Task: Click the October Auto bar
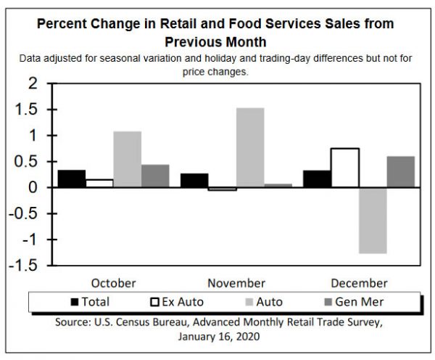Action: (127, 159)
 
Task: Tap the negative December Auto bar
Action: (373, 221)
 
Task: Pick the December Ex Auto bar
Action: (344, 168)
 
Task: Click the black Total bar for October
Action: (71, 179)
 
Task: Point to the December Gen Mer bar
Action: (401, 172)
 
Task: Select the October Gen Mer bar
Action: (155, 176)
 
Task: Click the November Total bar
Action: (194, 180)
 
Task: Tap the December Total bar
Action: (317, 179)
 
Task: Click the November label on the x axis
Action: (236, 282)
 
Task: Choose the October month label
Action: (113, 282)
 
